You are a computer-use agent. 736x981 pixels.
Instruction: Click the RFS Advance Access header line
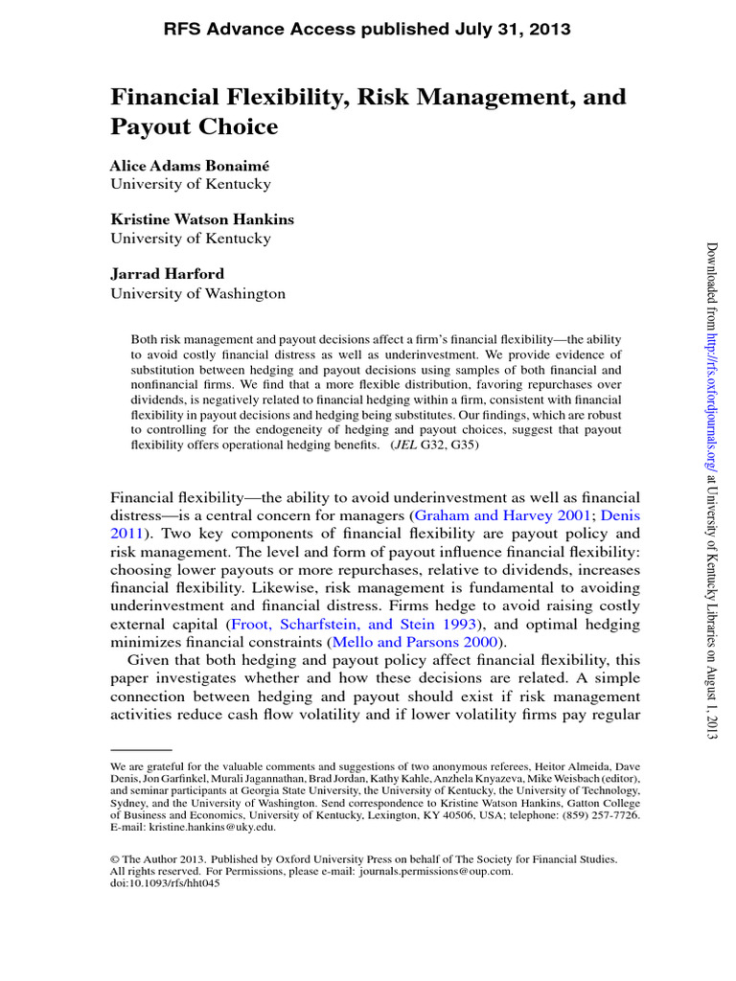pyautogui.click(x=368, y=30)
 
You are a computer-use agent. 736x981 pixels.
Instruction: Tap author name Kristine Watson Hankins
pyautogui.click(x=202, y=219)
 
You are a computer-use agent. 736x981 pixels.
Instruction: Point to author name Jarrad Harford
pyautogui.click(x=169, y=275)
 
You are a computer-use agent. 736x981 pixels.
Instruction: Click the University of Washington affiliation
pyautogui.click(x=197, y=294)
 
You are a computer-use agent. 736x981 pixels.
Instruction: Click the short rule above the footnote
pyautogui.click(x=141, y=749)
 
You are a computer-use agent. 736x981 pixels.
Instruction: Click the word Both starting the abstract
pyautogui.click(x=144, y=340)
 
